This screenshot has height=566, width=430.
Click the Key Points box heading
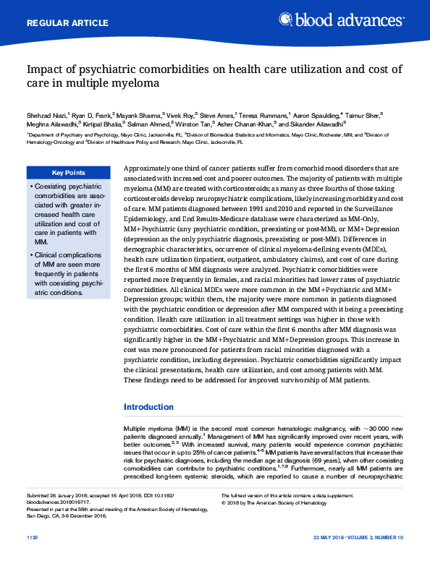coord(68,173)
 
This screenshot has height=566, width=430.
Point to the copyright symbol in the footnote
coord(223,501)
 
